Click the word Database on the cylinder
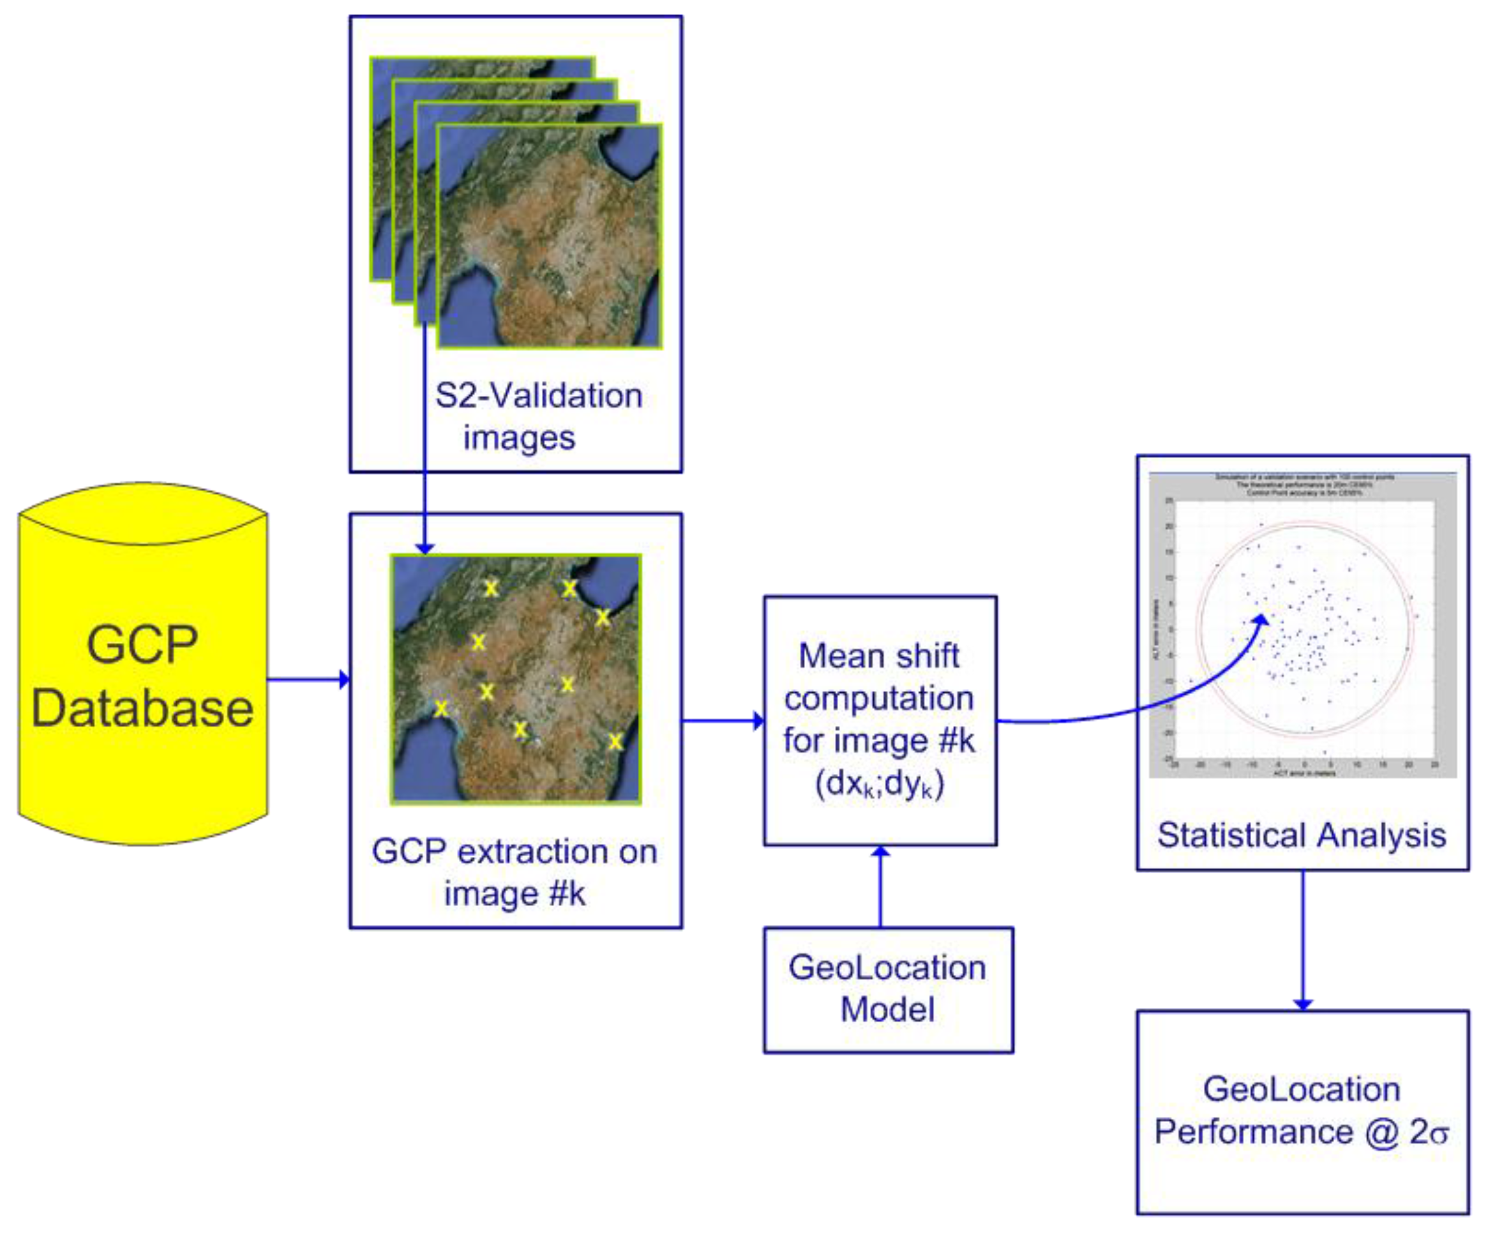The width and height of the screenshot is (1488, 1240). [142, 709]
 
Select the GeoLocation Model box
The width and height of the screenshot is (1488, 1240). [888, 989]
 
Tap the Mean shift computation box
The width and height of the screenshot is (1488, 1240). [880, 680]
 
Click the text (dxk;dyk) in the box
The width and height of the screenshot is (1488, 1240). [880, 783]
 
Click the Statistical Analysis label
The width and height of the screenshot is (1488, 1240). [1302, 835]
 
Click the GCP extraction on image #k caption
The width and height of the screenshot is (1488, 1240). [515, 872]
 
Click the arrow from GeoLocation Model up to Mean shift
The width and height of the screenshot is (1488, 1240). [880, 886]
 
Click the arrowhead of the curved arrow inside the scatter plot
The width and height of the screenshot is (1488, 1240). [1262, 621]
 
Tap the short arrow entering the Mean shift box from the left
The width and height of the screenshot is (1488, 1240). [723, 722]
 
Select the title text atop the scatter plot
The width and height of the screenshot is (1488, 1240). [1304, 485]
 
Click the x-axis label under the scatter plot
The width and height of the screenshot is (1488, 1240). [1304, 773]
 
